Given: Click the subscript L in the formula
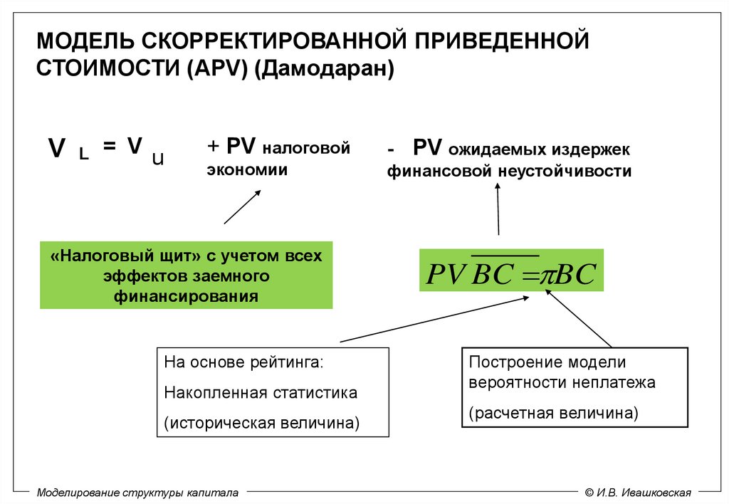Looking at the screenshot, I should (84, 156).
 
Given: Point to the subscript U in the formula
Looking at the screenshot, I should (157, 159).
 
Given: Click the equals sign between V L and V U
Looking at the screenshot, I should (108, 146).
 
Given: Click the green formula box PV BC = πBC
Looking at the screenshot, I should (510, 271).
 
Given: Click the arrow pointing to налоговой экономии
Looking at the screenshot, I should (242, 206).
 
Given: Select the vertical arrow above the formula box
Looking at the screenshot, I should (498, 210).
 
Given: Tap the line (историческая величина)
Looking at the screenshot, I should (261, 423).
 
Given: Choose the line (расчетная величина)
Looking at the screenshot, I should (553, 413).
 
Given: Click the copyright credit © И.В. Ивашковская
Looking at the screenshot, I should (638, 492).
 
